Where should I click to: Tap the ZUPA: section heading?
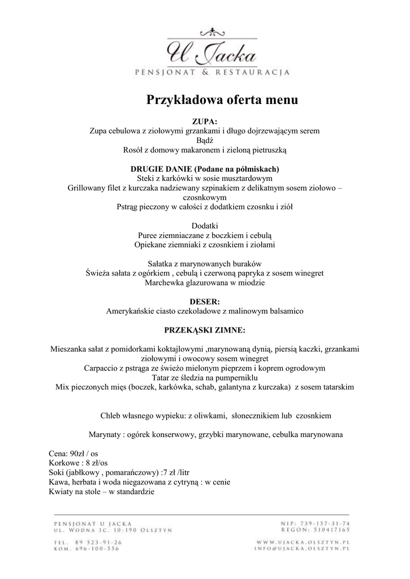(205, 121)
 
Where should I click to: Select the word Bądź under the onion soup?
(205, 140)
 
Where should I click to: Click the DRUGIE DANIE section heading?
(205, 169)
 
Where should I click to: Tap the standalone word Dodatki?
(205, 226)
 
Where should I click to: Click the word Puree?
(148, 236)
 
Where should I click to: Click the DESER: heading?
(205, 301)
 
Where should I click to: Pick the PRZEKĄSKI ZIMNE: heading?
(205, 330)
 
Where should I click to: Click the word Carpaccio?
(102, 368)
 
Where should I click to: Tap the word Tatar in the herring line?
(162, 378)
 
